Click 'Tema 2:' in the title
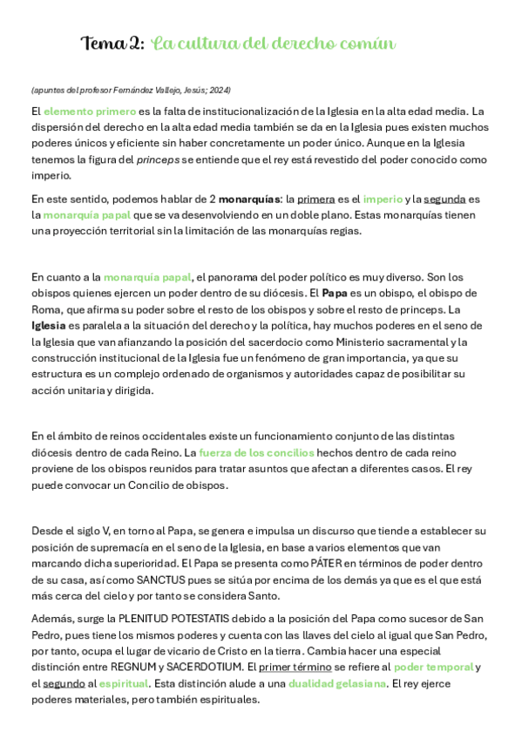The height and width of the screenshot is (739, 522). click(112, 44)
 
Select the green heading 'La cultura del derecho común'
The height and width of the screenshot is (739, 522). click(274, 44)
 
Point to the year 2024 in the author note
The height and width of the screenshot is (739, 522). click(220, 90)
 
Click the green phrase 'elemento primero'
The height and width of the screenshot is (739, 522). click(90, 111)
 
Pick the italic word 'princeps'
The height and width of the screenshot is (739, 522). click(158, 159)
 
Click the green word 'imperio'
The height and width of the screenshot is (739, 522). click(383, 199)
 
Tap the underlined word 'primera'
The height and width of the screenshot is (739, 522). click(315, 199)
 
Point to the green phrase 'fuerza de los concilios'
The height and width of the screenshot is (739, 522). click(256, 452)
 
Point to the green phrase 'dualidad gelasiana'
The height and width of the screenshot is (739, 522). click(336, 683)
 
